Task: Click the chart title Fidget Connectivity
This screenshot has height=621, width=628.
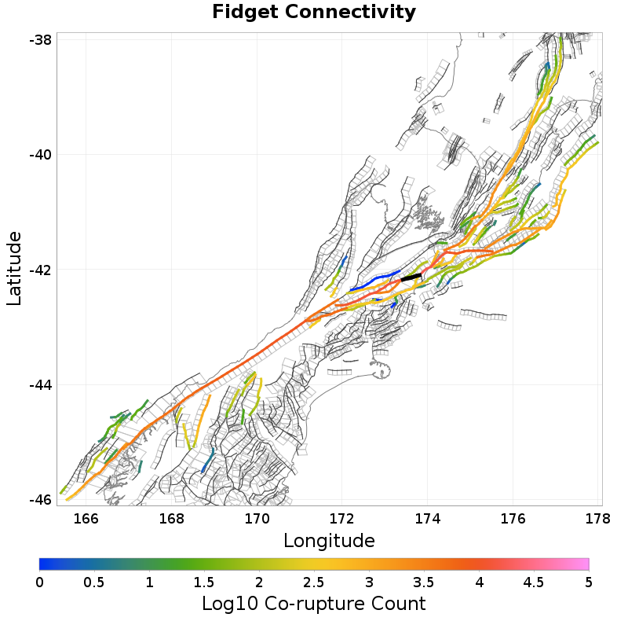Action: point(314,13)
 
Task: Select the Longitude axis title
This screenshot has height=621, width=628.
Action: point(329,541)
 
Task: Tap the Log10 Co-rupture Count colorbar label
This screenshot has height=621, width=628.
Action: point(313,604)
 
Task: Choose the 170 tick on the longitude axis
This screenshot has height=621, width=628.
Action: point(257,518)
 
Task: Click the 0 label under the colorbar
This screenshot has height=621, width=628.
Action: point(40,582)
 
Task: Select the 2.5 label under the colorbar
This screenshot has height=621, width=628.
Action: point(314,582)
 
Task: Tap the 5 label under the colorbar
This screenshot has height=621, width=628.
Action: point(588,582)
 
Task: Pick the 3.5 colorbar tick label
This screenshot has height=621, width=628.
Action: point(424,582)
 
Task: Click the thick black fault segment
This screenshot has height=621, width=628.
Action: point(411,277)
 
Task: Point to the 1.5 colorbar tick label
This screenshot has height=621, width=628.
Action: point(204,582)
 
